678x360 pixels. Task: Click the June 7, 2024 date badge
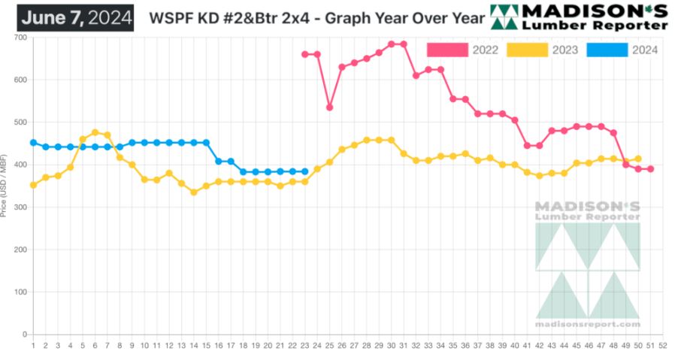(x=75, y=17)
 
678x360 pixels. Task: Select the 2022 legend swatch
(x=447, y=50)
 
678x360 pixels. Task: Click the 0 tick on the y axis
(x=24, y=334)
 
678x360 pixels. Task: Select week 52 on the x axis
(x=662, y=346)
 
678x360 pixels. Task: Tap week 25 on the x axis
(x=329, y=346)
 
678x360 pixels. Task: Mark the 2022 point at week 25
(x=329, y=107)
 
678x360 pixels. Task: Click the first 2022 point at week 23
(x=304, y=54)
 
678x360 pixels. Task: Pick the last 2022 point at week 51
(x=650, y=169)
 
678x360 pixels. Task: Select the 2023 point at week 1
(x=33, y=185)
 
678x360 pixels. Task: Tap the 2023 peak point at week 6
(x=95, y=132)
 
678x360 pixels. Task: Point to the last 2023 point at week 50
(x=638, y=159)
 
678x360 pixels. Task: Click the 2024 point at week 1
(x=33, y=142)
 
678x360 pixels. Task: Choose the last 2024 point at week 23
(x=304, y=171)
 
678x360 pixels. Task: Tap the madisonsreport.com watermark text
(x=588, y=324)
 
